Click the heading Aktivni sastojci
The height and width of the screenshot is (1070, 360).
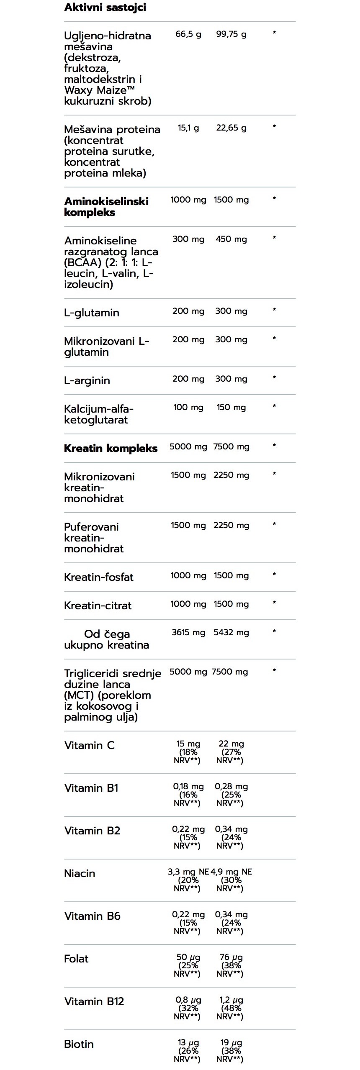click(105, 8)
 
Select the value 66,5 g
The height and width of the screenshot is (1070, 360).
click(188, 34)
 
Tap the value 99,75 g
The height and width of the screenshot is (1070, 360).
click(231, 34)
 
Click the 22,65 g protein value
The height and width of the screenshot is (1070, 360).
click(231, 128)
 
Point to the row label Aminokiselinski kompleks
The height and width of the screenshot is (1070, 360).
click(106, 207)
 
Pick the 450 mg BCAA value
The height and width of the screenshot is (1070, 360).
click(231, 239)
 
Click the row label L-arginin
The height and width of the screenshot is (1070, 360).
click(87, 380)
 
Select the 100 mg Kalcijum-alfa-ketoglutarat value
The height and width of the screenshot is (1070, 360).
click(188, 408)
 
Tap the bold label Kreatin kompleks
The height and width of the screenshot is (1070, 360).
click(111, 448)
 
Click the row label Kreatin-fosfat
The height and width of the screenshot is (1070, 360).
click(99, 577)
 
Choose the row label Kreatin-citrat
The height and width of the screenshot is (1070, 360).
click(98, 606)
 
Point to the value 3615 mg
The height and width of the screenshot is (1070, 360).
click(188, 633)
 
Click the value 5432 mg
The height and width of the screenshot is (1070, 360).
click(231, 633)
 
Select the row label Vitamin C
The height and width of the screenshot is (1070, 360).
click(89, 745)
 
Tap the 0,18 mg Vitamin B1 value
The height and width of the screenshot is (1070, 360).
click(188, 787)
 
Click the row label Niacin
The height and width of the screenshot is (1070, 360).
click(80, 873)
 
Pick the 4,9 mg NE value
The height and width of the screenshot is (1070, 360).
click(231, 872)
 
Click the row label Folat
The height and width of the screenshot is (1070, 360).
click(76, 959)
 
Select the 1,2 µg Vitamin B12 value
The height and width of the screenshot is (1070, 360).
click(231, 1000)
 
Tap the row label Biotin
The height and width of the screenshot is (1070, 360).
click(79, 1044)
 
